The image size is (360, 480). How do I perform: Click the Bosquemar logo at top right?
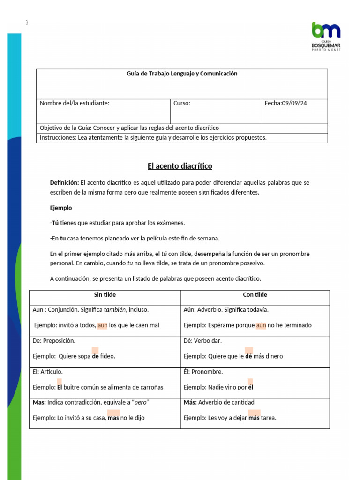[326, 36]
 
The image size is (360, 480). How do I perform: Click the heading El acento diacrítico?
[180, 166]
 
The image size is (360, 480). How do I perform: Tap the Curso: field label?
[182, 103]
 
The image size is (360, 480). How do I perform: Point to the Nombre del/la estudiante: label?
[75, 103]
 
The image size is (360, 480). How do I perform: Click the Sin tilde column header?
[105, 295]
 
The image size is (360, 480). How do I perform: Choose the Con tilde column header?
[255, 295]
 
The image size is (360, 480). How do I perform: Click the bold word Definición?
[65, 182]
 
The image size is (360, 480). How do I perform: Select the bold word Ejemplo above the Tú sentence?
[61, 208]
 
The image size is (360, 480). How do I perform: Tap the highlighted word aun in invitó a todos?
[102, 325]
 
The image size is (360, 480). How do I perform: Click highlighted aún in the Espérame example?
[261, 325]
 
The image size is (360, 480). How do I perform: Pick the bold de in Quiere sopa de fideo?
[95, 356]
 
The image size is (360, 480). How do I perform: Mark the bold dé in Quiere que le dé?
[248, 356]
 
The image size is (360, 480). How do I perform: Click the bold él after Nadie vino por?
[250, 387]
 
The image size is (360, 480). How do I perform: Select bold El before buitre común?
[60, 387]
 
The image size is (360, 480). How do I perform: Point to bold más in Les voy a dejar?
[254, 418]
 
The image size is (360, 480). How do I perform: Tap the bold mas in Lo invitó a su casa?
[113, 418]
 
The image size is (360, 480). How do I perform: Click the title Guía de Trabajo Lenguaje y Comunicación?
[182, 74]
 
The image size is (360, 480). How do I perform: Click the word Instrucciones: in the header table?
[55, 137]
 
